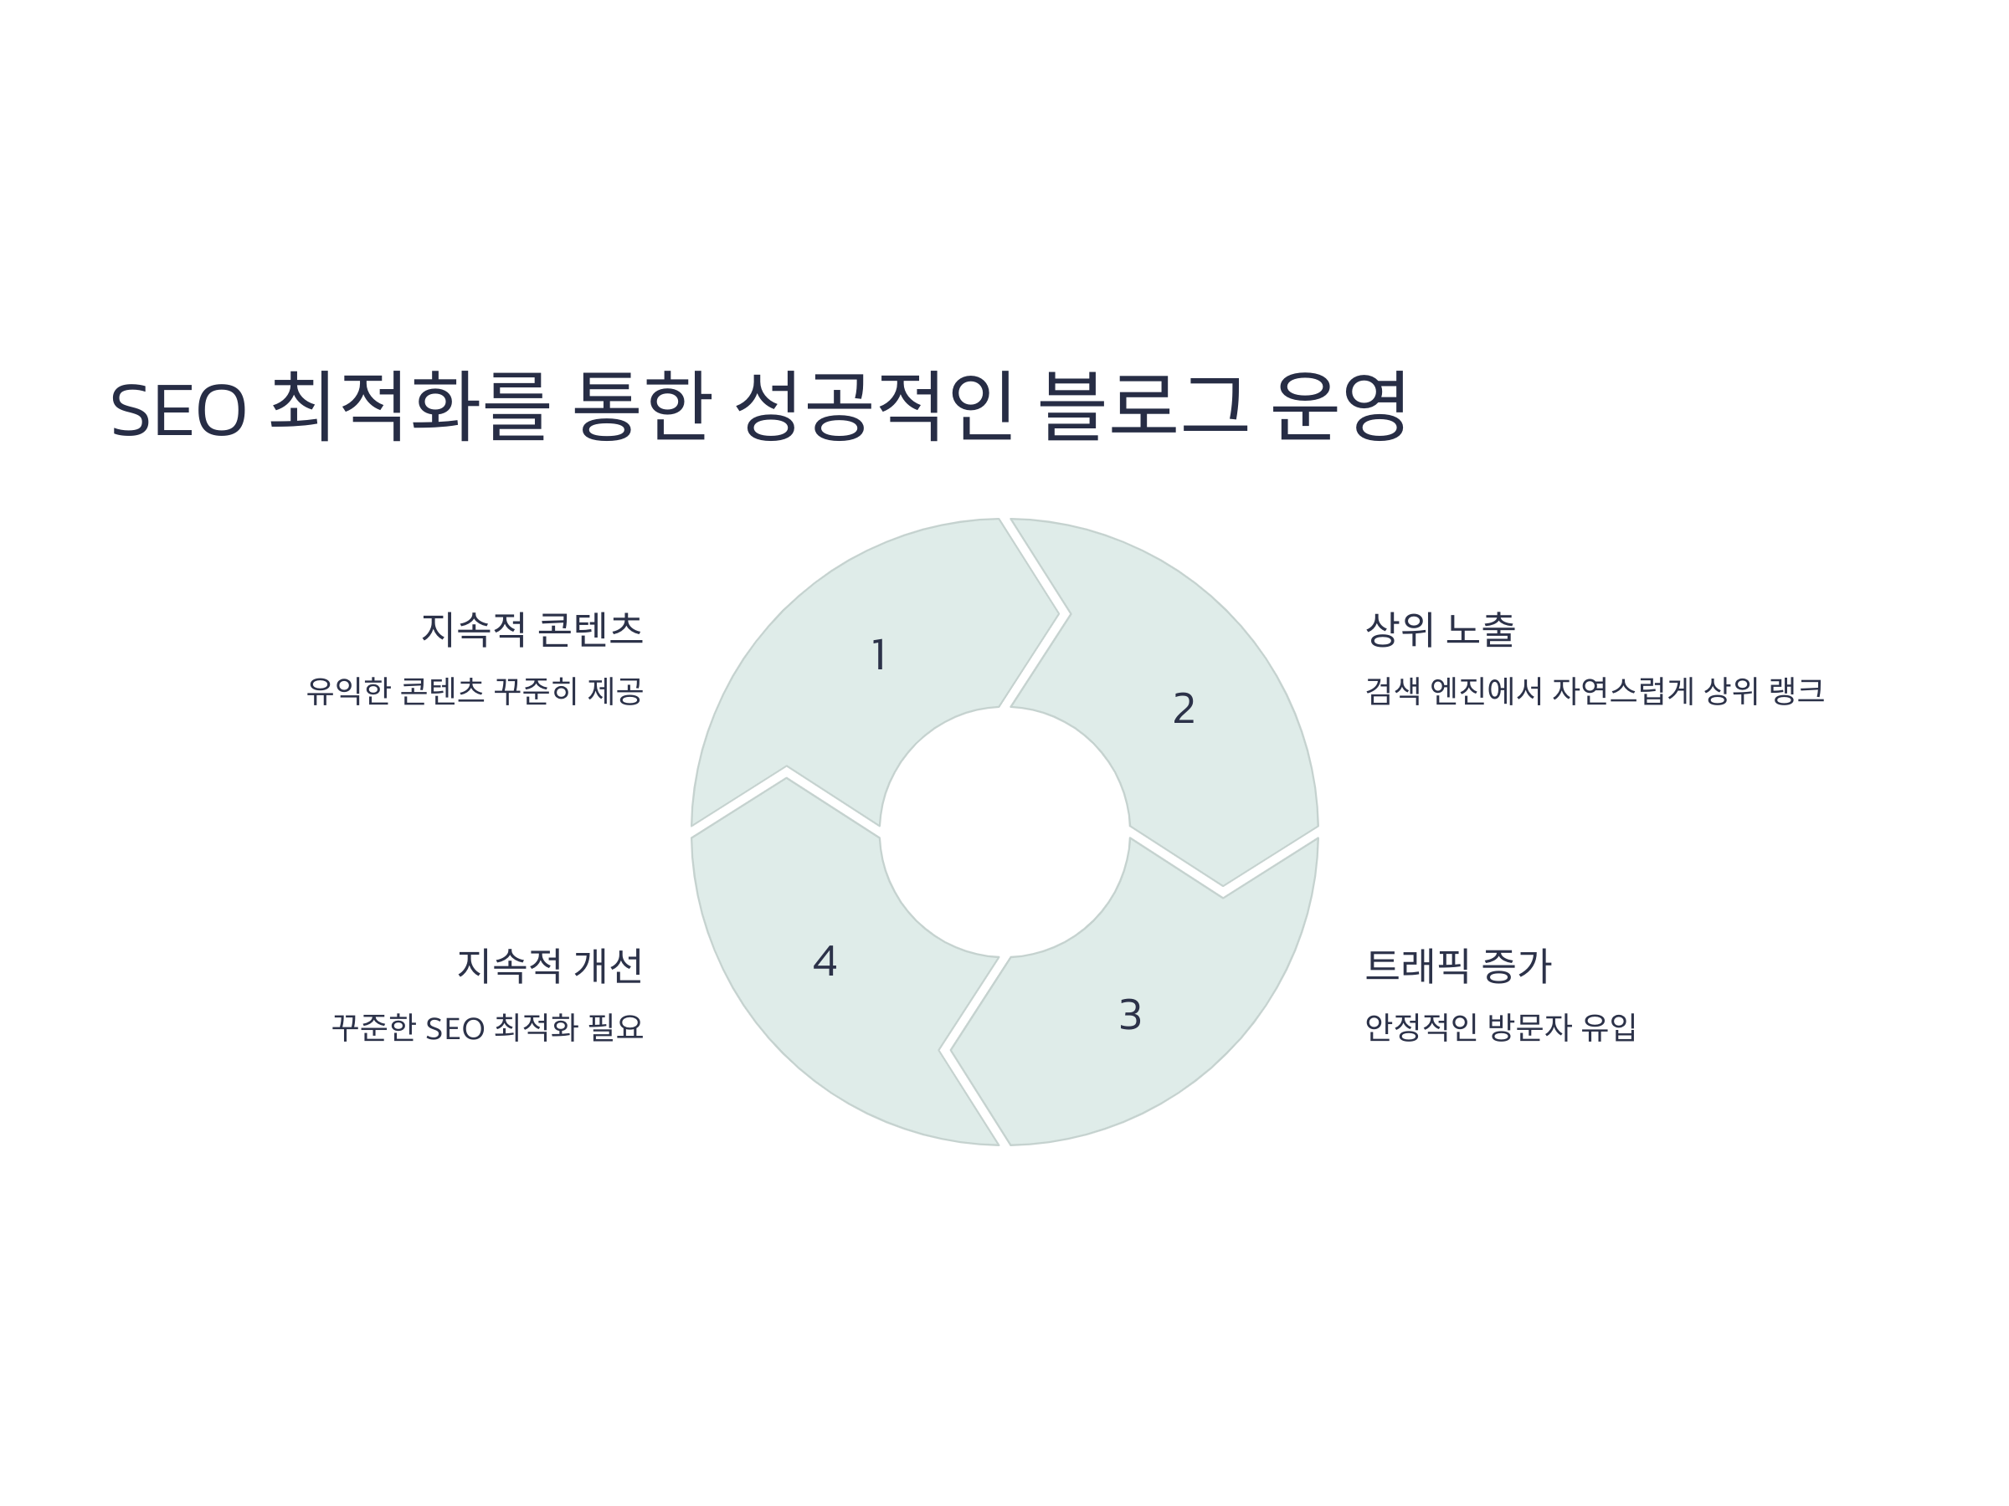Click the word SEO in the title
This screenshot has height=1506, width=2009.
point(178,409)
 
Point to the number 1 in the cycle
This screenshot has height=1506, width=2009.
point(878,654)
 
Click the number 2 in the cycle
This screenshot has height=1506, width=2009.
point(1184,708)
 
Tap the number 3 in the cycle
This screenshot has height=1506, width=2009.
point(1130,1015)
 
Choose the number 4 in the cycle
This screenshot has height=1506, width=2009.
point(825,961)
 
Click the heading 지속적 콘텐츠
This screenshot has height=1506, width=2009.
point(532,629)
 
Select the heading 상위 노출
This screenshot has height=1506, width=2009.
point(1441,629)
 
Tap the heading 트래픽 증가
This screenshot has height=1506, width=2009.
point(1457,965)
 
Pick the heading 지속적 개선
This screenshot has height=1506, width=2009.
point(549,965)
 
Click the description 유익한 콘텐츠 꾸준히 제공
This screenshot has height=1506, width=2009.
point(474,691)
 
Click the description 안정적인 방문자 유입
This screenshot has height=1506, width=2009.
point(1500,1027)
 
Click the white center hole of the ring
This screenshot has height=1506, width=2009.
point(1004,832)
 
